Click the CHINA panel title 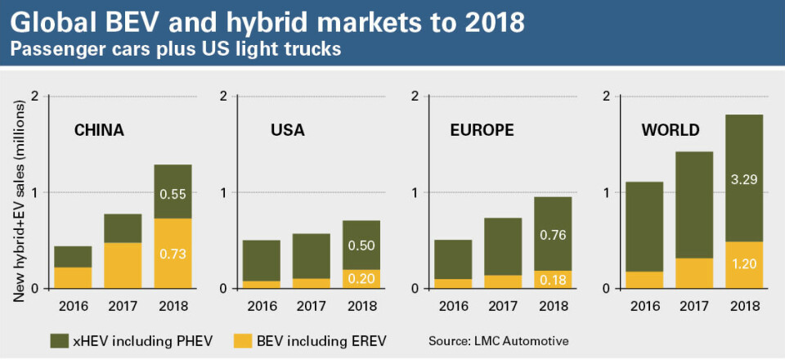(x=99, y=130)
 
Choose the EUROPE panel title (x=482, y=130)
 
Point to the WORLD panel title (x=671, y=130)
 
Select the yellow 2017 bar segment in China (x=122, y=265)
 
